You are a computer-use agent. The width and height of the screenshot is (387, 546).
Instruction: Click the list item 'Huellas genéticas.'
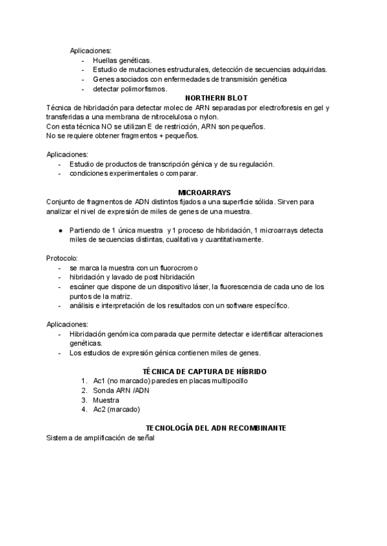pos(122,60)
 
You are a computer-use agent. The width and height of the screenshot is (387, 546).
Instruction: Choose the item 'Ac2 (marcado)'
pos(116,409)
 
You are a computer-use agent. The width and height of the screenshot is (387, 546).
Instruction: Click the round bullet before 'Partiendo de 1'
pos(59,230)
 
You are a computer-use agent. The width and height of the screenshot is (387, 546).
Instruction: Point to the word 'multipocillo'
pos(227,381)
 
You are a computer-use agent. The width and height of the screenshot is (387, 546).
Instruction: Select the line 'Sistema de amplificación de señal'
pos(101,438)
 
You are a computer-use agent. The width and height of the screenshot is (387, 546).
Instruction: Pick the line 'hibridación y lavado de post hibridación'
pos(132,277)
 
